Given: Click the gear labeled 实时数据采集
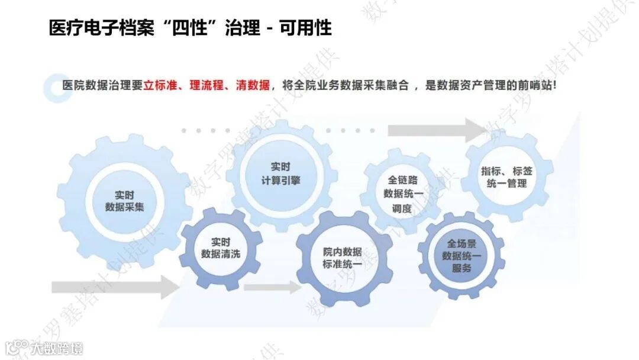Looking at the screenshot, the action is point(124,201).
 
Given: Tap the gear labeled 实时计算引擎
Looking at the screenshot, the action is point(280,173).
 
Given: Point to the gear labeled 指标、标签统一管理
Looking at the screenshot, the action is point(506,177).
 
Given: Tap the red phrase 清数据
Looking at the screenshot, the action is point(251,85).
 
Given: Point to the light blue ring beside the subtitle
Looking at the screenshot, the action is point(58,88).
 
